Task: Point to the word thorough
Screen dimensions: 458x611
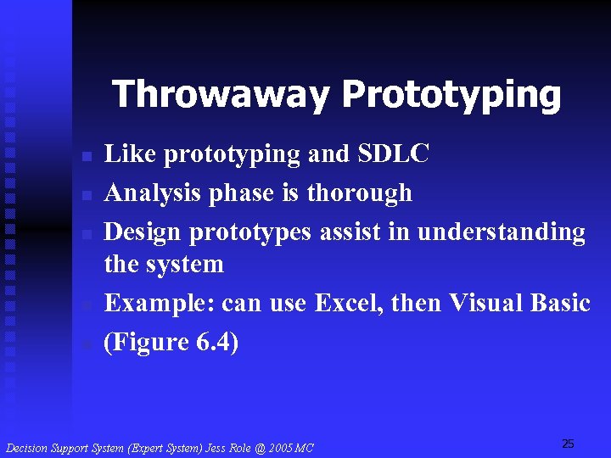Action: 359,193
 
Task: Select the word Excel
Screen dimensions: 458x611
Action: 348,303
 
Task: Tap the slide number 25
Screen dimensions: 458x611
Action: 568,444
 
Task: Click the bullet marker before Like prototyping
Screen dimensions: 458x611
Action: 86,157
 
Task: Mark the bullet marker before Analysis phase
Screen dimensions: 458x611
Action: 86,196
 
